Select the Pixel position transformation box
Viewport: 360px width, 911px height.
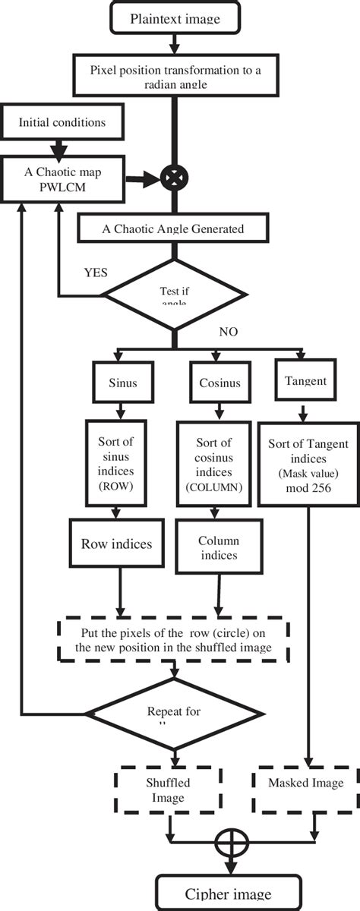tap(176, 76)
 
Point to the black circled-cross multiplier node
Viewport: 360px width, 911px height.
tap(175, 179)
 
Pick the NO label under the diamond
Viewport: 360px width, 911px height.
tap(229, 333)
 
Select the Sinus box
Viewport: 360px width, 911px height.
tap(117, 383)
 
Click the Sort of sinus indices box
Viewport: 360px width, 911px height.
tap(117, 463)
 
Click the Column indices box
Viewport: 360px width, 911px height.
tap(219, 548)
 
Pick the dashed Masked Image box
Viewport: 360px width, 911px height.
tap(308, 782)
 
